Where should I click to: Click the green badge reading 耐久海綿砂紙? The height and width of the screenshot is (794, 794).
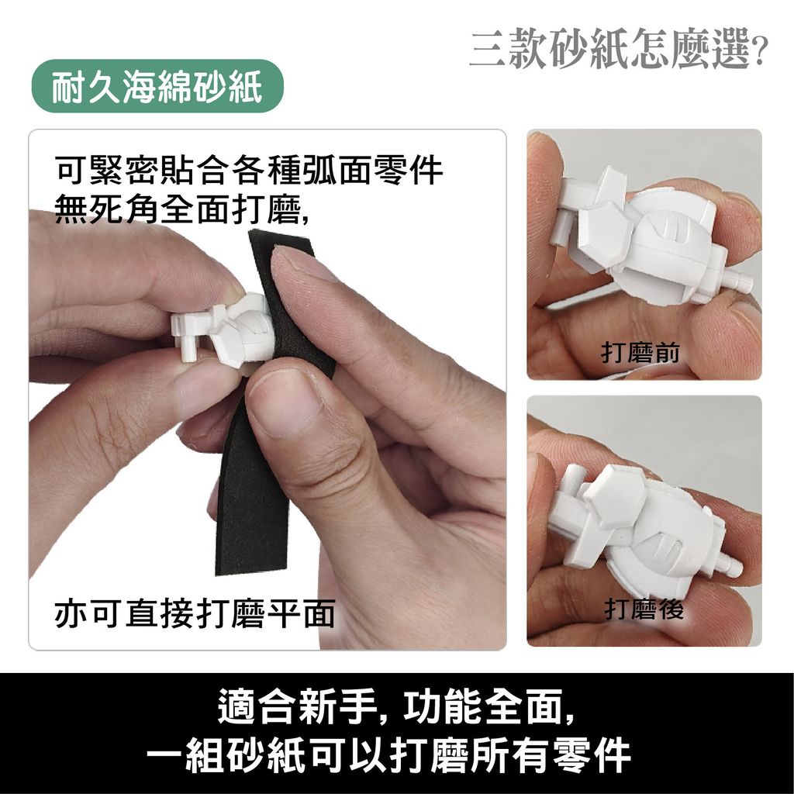coord(157,86)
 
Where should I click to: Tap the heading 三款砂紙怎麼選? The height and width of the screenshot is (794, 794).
coord(618,49)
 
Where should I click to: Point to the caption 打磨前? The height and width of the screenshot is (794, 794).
coord(640,353)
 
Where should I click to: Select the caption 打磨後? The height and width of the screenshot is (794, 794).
coord(644,609)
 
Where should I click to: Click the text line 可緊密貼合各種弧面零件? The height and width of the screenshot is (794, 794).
coord(249,170)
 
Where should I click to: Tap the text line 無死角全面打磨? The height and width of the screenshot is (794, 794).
coord(182,208)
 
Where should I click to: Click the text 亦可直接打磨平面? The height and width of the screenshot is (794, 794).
coord(195,613)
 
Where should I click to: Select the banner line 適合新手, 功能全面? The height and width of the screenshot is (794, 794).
coord(396,706)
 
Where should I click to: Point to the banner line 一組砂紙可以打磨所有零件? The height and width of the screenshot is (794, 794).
coord(389,756)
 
